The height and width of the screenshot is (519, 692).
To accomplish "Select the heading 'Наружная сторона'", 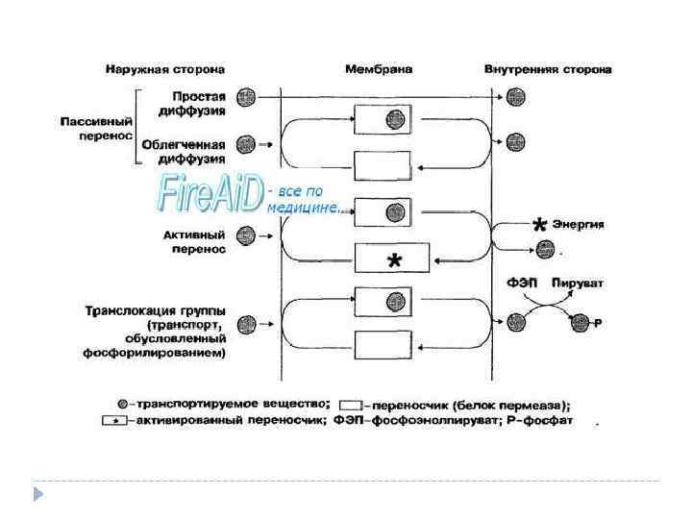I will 165,69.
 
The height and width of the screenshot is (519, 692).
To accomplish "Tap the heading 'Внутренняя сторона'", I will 549,69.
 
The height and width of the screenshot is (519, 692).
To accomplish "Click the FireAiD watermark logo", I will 210,193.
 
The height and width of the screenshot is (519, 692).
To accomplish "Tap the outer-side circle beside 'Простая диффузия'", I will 246,97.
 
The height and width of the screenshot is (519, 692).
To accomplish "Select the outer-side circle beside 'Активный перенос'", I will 245,235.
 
